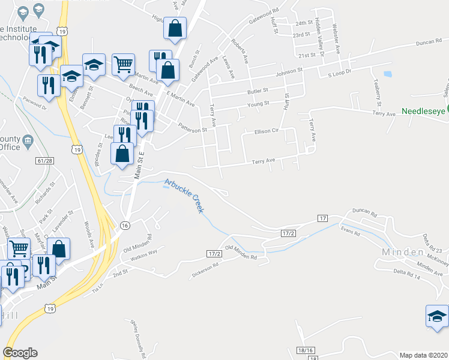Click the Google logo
point(20,353)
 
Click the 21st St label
point(307,55)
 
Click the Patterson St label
point(192,128)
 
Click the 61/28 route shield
point(46,161)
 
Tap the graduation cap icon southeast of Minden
point(436,316)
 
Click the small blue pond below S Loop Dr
point(387,75)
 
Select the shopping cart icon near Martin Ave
point(123,64)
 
